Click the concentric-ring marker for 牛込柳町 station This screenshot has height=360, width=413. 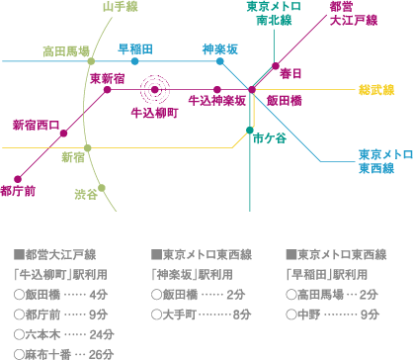[155, 90]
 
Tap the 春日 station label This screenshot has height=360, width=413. [289, 73]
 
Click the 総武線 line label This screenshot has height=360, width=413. [376, 90]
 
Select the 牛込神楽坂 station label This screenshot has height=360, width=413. [216, 101]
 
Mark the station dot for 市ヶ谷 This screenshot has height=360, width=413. [253, 129]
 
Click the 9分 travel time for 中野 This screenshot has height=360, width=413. [371, 314]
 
